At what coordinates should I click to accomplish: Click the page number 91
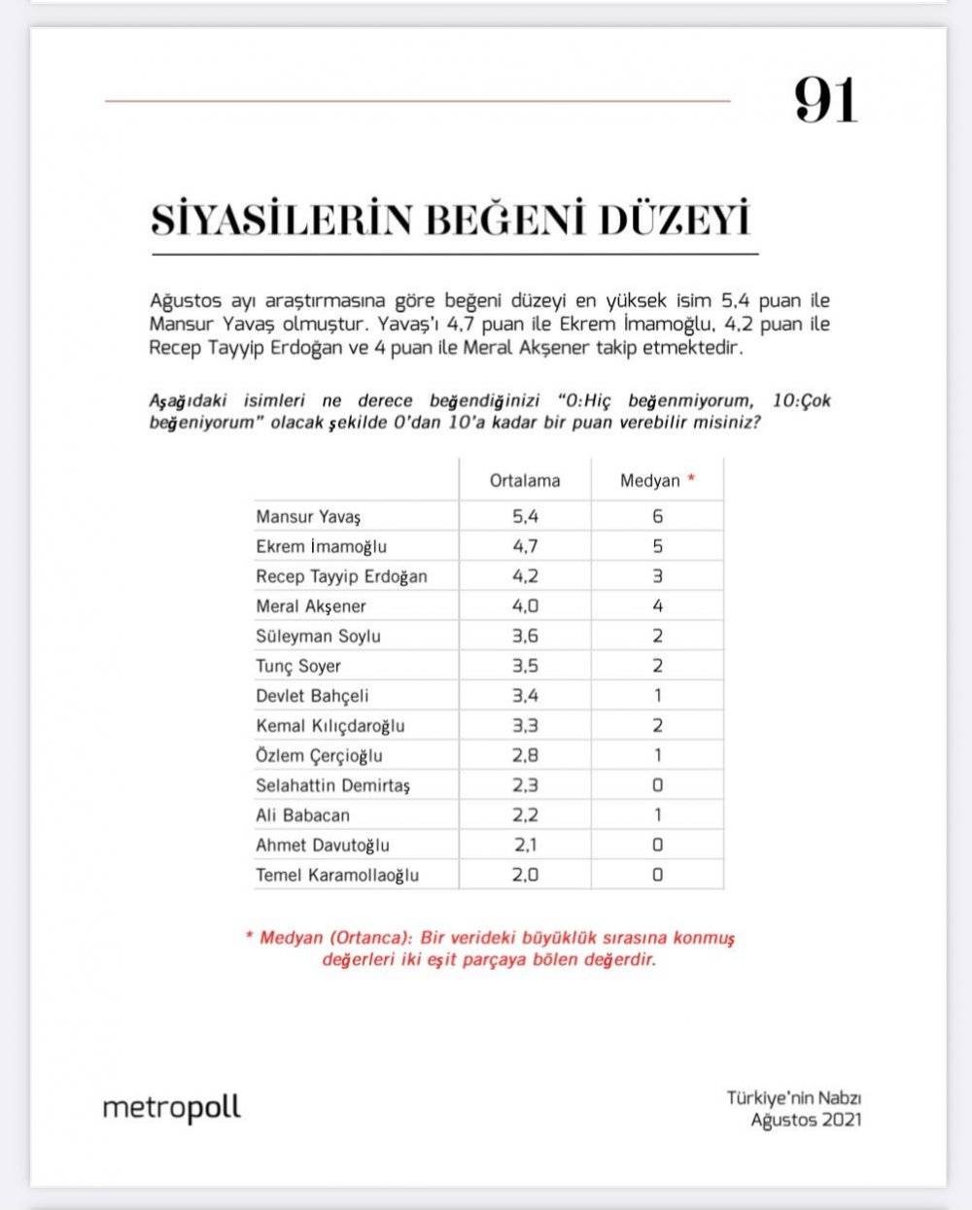click(x=825, y=100)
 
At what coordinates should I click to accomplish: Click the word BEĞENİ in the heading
click(x=505, y=220)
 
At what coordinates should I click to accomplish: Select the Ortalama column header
click(x=525, y=481)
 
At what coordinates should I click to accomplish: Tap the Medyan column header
click(x=649, y=481)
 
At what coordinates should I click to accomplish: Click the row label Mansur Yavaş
click(x=308, y=517)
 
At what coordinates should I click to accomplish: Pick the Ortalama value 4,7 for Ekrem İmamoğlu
click(x=525, y=546)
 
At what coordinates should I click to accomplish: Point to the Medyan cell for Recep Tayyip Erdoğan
click(x=657, y=576)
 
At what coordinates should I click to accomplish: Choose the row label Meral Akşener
click(x=311, y=606)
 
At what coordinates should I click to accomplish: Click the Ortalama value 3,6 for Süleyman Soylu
click(x=525, y=637)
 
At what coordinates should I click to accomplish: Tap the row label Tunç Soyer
click(x=298, y=667)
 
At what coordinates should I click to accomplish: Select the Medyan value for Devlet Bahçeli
click(x=657, y=696)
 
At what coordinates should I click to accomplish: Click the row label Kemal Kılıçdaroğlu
click(x=330, y=726)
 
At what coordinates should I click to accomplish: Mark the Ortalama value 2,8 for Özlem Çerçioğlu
click(x=525, y=756)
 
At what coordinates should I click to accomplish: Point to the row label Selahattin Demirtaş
click(x=332, y=785)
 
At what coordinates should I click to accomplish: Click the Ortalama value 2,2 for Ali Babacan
click(x=525, y=815)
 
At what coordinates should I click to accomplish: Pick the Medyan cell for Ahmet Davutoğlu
click(x=657, y=846)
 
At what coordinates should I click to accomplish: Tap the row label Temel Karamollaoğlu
click(x=337, y=876)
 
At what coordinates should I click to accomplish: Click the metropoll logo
click(x=171, y=1109)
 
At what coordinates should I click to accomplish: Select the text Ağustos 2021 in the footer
click(x=806, y=1120)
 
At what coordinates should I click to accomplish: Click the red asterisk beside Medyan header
click(x=691, y=479)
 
